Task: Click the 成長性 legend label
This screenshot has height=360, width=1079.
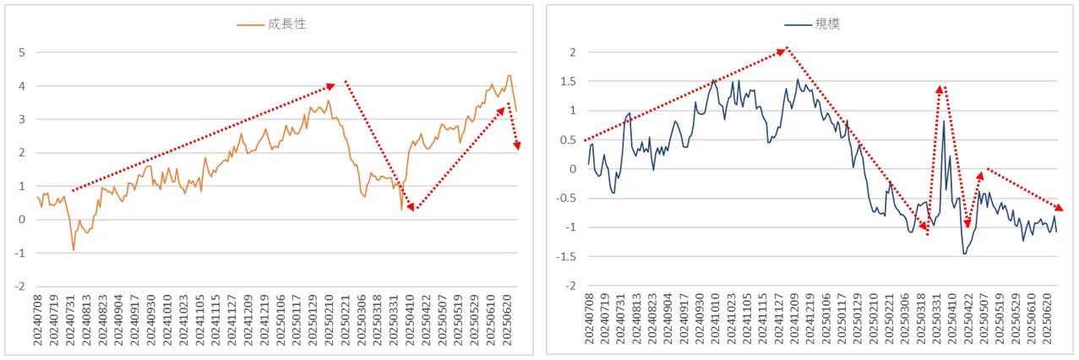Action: click(287, 24)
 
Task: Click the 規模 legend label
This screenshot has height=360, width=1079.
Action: click(827, 24)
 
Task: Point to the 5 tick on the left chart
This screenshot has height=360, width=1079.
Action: click(22, 52)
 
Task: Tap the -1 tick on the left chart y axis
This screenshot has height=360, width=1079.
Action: click(19, 253)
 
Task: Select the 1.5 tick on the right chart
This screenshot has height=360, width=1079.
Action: click(568, 81)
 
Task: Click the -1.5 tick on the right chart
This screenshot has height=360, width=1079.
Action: click(565, 257)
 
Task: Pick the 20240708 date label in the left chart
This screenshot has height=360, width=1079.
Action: click(37, 320)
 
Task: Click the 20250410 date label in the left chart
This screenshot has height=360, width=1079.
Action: click(410, 320)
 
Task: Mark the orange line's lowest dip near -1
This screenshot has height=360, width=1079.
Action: click(74, 250)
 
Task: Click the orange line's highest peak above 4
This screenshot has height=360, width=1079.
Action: click(510, 75)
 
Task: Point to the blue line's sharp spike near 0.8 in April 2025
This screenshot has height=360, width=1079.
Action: click(944, 121)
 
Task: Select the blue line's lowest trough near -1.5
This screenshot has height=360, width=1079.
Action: click(964, 254)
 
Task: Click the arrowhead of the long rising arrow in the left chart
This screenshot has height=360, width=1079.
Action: click(331, 86)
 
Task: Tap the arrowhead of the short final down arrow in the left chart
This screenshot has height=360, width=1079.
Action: click(517, 145)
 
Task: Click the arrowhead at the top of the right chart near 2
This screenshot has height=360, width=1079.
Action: click(782, 52)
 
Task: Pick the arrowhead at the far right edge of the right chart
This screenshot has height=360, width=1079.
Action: click(1059, 207)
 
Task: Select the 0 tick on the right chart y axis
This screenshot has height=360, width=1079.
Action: click(573, 169)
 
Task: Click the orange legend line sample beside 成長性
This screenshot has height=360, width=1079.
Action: click(250, 25)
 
